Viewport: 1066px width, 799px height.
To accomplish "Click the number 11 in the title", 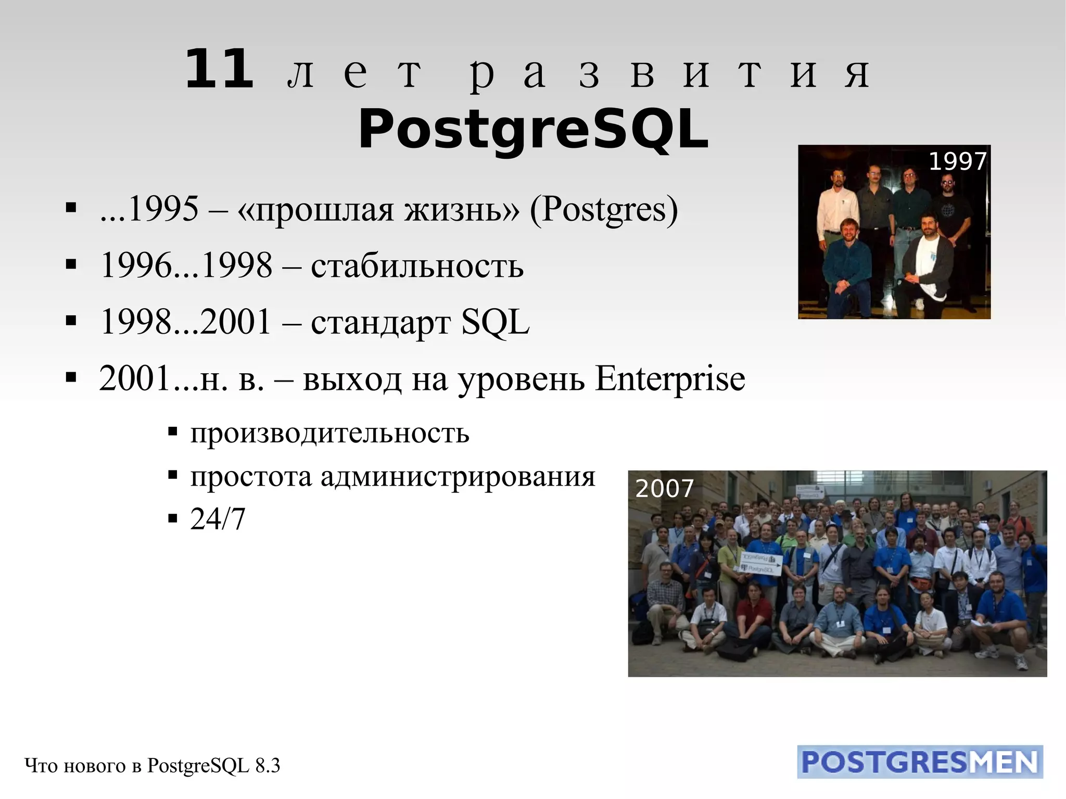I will coord(219,70).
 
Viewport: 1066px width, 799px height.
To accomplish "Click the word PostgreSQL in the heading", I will coord(533,129).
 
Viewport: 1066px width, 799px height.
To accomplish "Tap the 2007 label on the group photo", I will coord(664,488).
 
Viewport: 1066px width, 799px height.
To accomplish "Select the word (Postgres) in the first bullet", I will coord(604,209).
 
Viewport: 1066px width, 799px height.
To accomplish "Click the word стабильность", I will coord(417,265).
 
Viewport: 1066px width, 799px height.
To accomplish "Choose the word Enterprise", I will coord(670,378).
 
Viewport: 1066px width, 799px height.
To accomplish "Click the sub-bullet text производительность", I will coord(329,433).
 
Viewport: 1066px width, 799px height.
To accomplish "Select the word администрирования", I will coord(458,476).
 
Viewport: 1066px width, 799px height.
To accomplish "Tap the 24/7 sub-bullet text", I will coord(218,519).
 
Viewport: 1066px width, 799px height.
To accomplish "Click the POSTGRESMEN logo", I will coord(920,762).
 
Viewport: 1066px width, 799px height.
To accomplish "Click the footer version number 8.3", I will coord(268,766).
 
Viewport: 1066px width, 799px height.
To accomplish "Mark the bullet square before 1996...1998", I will coord(71,264).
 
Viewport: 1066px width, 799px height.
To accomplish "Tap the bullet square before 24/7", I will coord(173,519).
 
